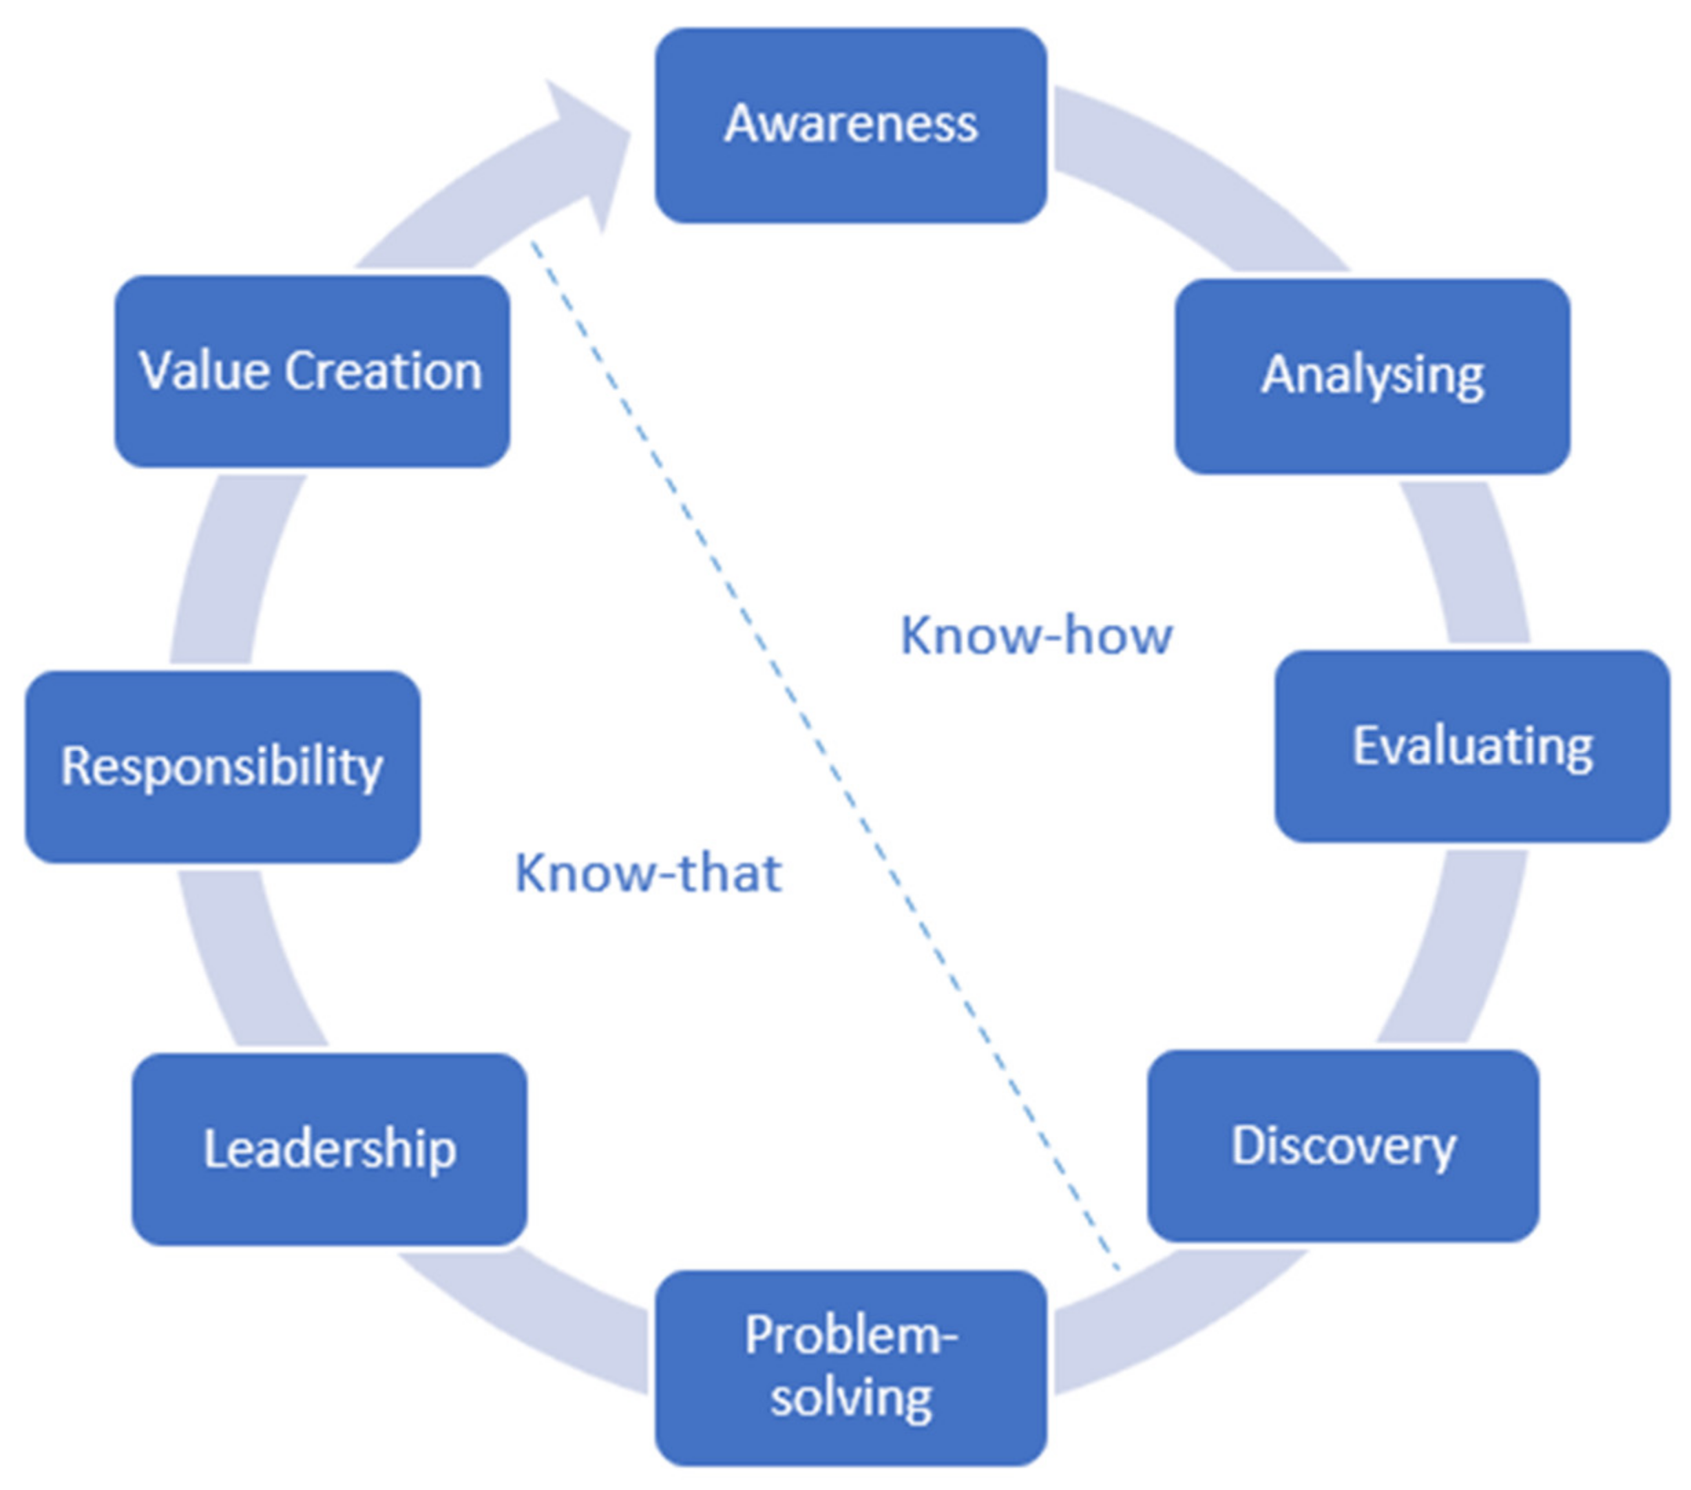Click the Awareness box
[850, 126]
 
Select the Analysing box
[1372, 377]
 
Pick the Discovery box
[1343, 1146]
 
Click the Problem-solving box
[850, 1370]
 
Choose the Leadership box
[329, 1150]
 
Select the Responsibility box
[222, 767]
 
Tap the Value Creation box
[311, 371]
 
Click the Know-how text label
[1036, 636]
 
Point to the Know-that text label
[648, 873]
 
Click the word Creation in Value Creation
[383, 371]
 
